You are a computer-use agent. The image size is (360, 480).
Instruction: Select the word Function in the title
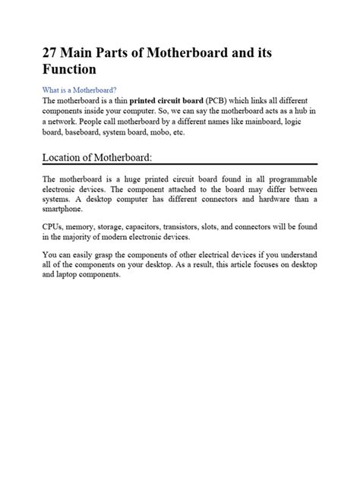tap(69, 70)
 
